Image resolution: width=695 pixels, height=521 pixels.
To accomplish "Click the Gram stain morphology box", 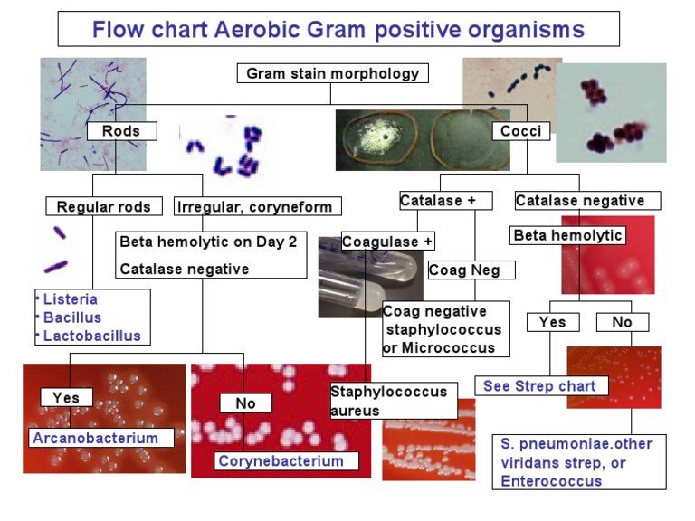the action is click(332, 73).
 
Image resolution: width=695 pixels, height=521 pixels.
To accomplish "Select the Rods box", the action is click(121, 131).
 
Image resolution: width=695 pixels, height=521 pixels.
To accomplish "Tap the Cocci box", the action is click(521, 131).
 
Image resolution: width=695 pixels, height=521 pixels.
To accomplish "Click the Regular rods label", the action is click(104, 206).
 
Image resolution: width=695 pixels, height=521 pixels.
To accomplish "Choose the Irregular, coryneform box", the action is click(258, 206).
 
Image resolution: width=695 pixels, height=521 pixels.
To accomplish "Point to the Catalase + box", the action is click(446, 201).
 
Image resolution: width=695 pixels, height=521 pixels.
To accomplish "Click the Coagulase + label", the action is click(388, 242).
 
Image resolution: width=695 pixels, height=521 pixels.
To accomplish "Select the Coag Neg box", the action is click(471, 270).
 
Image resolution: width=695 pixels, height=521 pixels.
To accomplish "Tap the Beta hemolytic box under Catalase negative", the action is click(567, 235).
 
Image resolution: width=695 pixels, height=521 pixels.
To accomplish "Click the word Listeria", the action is click(70, 299).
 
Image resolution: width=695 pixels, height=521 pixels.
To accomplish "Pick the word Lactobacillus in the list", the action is click(91, 336).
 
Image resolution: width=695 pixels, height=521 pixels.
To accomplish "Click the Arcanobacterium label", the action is click(101, 438).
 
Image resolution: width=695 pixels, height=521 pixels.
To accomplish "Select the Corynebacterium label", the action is click(286, 460).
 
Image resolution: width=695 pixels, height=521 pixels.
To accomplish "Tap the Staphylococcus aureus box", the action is click(394, 401).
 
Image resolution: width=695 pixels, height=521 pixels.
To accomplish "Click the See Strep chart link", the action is click(541, 386).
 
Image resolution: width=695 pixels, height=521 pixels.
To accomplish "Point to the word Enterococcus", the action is click(551, 481).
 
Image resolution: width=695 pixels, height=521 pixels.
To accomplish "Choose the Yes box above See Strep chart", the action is click(553, 322).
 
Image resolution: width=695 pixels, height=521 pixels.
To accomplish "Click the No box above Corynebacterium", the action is click(245, 403).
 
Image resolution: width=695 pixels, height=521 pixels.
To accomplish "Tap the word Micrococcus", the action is click(448, 347).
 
